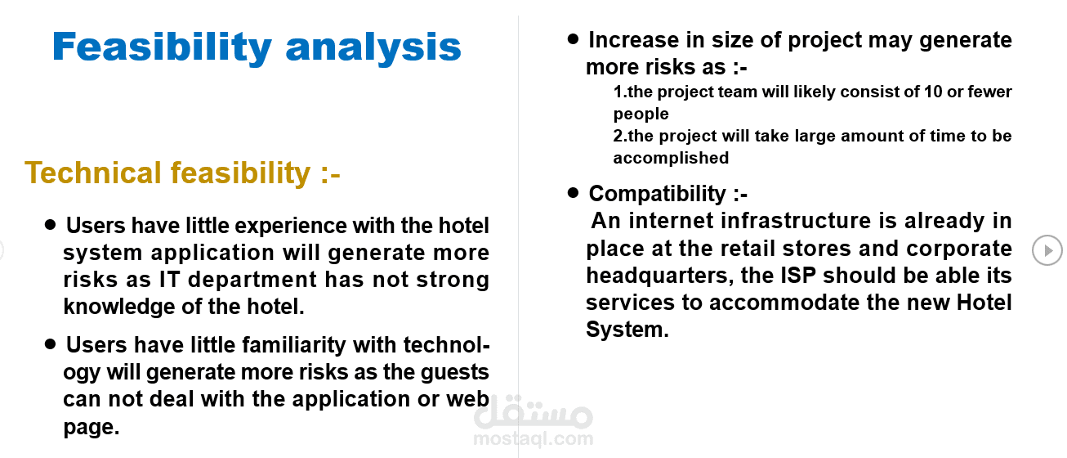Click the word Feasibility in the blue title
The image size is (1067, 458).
tap(162, 47)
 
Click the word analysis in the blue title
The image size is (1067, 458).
tap(373, 47)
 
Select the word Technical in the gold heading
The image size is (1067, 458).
tap(93, 173)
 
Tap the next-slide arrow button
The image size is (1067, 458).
tap(1047, 250)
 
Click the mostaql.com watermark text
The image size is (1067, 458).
tap(533, 438)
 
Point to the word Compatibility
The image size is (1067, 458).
tap(658, 194)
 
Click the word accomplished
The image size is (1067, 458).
tap(671, 158)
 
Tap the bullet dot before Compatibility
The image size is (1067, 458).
tap(573, 193)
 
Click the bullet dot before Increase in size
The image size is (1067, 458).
tap(573, 39)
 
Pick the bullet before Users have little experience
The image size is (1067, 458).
tap(50, 225)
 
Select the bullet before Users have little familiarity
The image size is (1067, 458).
tap(50, 344)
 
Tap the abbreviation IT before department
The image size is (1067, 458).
tap(170, 280)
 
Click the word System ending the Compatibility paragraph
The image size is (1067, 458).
tap(627, 330)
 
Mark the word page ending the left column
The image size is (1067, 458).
tap(91, 428)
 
